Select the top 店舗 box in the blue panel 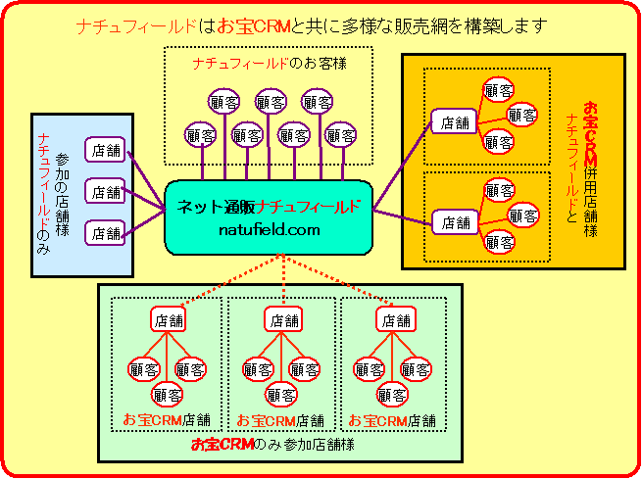105,150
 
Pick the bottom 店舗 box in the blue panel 105,233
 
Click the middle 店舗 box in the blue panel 105,192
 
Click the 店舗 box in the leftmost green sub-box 169,319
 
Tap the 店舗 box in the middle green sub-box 282,319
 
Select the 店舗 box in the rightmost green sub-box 394,319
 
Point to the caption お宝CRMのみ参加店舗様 272,446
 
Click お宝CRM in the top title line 251,24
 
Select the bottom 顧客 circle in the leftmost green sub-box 168,395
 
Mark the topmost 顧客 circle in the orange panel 499,90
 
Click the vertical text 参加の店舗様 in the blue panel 63,192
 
